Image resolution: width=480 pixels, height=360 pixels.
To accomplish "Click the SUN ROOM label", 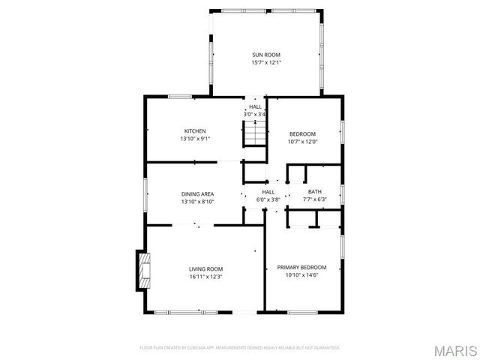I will click(x=266, y=55).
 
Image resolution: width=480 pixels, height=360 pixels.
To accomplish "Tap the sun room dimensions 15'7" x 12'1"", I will click(x=266, y=63).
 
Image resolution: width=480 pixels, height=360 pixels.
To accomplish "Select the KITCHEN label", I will click(x=195, y=130).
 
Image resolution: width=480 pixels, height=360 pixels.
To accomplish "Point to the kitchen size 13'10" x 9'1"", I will click(x=195, y=139).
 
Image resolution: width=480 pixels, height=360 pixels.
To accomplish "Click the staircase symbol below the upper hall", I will click(x=255, y=135).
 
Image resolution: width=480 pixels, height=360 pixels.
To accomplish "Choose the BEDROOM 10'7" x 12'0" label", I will click(x=303, y=133).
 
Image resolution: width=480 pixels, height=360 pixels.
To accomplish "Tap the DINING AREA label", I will click(x=197, y=193).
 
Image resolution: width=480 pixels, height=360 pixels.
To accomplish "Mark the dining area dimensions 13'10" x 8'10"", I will click(x=197, y=201).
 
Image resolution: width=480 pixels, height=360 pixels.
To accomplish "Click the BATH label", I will click(x=314, y=191).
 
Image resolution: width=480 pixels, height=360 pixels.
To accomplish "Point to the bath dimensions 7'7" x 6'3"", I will click(x=314, y=199).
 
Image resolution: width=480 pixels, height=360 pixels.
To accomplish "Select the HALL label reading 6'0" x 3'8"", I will click(x=268, y=191).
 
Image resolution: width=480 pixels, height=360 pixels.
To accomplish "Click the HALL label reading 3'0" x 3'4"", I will click(x=255, y=110).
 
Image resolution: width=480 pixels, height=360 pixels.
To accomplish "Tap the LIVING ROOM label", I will click(x=205, y=268).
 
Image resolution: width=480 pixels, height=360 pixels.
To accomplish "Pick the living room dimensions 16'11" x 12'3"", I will click(x=205, y=277).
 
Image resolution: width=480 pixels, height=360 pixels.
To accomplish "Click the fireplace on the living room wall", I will click(x=142, y=270).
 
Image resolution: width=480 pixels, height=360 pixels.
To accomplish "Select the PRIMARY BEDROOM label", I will click(x=302, y=267).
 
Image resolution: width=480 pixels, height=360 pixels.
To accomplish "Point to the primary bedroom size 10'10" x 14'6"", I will click(x=302, y=275).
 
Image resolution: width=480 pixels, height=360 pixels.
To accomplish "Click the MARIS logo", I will click(x=454, y=349).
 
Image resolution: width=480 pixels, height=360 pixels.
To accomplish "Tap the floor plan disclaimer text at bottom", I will click(x=240, y=347).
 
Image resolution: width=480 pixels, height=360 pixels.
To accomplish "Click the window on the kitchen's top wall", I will click(x=178, y=96).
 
